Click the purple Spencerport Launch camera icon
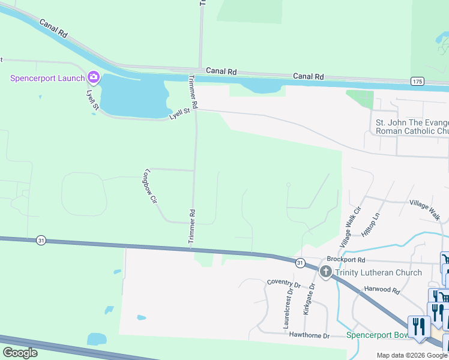click(93, 77)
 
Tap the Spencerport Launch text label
click(47, 79)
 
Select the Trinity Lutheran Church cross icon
click(325, 272)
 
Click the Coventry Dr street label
click(283, 283)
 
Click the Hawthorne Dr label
click(309, 336)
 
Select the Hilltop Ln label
click(373, 224)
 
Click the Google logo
click(20, 353)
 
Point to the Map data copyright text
click(412, 355)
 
